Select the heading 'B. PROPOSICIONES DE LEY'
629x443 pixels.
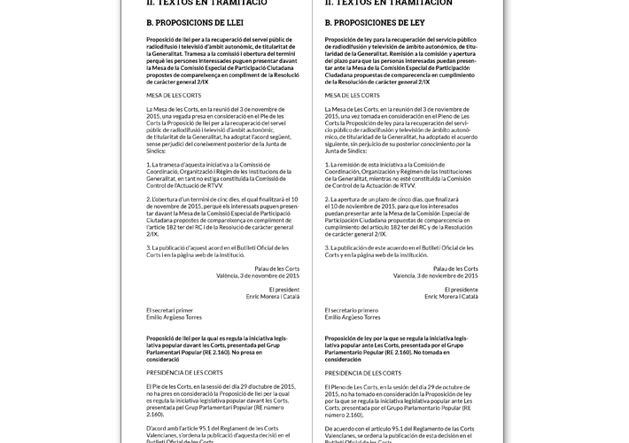373,22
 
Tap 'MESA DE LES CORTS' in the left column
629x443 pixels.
174,95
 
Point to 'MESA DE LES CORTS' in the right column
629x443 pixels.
353,95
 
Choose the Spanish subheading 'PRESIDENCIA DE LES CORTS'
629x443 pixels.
363,374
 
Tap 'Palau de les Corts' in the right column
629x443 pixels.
455,268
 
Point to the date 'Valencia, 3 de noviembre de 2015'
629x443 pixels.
435,276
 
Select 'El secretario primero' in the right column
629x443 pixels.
352,310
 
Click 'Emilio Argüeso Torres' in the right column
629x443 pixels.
353,317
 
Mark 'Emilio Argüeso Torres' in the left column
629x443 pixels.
175,317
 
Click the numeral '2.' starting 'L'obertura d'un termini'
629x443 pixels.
149,200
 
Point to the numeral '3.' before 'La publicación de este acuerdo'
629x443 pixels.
328,249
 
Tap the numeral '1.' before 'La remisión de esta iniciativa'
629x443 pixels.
328,165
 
